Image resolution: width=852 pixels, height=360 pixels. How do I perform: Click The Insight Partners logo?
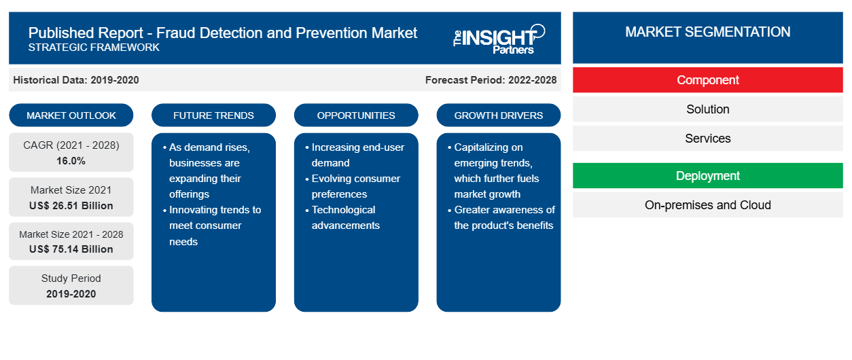[x=499, y=39]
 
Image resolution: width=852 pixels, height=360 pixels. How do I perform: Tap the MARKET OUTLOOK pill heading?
[x=71, y=115]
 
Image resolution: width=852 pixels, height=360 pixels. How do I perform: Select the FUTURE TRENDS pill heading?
[x=213, y=115]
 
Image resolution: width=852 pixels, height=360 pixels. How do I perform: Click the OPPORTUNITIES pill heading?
[x=356, y=115]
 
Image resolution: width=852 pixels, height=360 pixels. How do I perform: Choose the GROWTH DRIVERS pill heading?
[x=498, y=115]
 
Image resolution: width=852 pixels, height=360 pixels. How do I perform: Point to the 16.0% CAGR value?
[x=71, y=161]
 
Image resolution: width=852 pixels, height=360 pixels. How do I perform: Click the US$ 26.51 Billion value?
[x=71, y=206]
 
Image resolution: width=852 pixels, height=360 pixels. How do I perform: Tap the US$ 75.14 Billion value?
[x=71, y=249]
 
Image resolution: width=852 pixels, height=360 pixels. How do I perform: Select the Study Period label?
[x=71, y=278]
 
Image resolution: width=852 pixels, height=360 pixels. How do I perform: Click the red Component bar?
[x=707, y=80]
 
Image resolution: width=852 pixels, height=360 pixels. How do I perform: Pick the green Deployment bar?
[x=707, y=176]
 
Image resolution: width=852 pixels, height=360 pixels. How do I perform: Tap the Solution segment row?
[x=707, y=109]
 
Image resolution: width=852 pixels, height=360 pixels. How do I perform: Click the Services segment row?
[x=707, y=139]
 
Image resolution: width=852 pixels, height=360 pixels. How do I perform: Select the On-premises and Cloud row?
[x=707, y=205]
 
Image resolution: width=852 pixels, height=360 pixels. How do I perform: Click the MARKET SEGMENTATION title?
[x=707, y=32]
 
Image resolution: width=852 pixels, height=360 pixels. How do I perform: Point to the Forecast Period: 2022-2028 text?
[x=491, y=80]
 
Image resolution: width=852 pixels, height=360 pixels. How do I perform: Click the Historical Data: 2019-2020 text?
[x=76, y=80]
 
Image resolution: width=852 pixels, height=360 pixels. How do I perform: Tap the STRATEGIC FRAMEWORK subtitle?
[x=94, y=48]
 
